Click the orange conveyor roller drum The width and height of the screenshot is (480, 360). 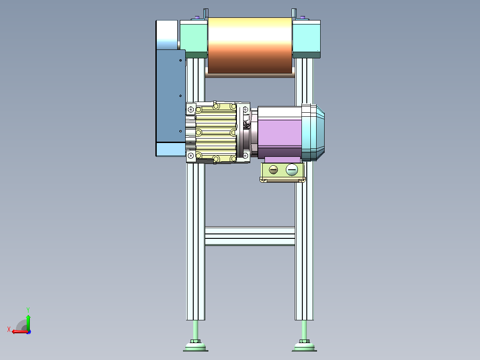[x=250, y=45]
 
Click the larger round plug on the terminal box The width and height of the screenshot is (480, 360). [x=292, y=169]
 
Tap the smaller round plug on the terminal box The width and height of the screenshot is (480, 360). [x=273, y=169]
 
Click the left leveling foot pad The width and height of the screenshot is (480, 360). [x=195, y=347]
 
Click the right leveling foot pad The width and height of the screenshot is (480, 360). [x=304, y=347]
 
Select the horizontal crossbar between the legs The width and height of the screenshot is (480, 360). [x=250, y=236]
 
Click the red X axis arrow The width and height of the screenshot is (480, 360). [x=20, y=331]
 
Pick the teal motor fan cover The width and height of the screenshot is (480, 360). [x=313, y=132]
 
